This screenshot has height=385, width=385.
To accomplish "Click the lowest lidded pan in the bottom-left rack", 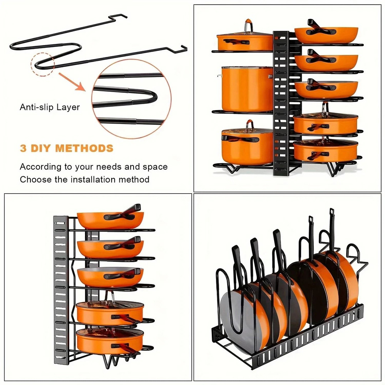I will pyautogui.click(x=109, y=339).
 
